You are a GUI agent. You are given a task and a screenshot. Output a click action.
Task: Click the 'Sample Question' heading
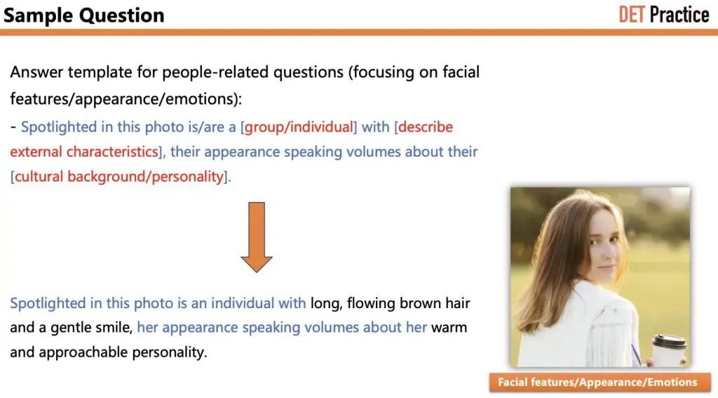84,15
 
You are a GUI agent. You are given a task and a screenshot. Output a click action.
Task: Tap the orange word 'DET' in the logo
631,14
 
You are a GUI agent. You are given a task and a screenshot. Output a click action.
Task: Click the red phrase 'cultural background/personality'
119,176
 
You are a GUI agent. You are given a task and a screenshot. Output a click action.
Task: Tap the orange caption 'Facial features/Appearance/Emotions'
597,383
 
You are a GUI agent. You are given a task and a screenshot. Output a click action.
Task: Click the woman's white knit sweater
582,330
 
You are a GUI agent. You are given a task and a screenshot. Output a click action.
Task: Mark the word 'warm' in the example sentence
449,328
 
